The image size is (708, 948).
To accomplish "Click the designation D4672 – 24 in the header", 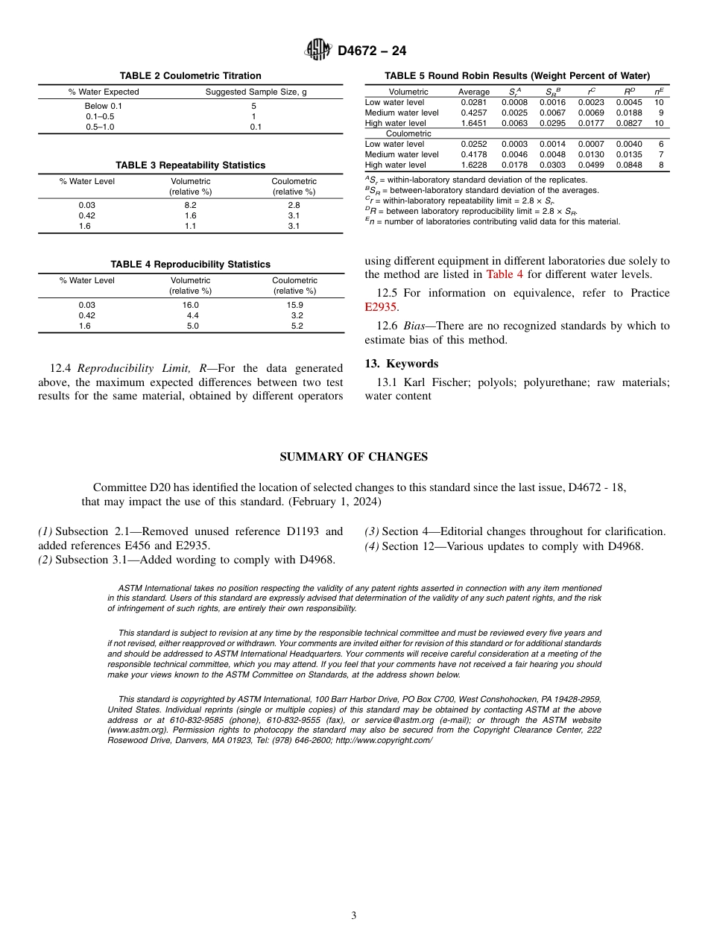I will coord(372,51).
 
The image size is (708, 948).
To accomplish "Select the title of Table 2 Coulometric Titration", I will coord(190,75).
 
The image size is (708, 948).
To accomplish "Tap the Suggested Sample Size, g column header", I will coord(256,92).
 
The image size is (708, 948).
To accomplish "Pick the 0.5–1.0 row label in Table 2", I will coord(100,127).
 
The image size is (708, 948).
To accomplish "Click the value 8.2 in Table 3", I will coord(190,205).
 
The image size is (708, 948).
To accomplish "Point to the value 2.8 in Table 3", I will coord(294,205).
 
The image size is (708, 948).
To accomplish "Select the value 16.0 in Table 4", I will coord(190,305).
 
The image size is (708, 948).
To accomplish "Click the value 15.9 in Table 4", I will coord(294,305).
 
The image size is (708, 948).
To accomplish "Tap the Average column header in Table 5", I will coord(473,92).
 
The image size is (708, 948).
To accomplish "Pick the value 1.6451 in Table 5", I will coord(473,123).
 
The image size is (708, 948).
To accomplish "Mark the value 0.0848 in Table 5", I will coord(628,165).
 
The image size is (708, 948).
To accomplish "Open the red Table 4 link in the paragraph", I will coord(505,274).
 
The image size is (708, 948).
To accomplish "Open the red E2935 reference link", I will coord(381,307).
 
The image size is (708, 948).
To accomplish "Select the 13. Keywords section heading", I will coord(401,364).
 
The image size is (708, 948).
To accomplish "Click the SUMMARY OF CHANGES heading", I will coord(353,457).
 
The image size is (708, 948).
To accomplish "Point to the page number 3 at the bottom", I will coord(354,915).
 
